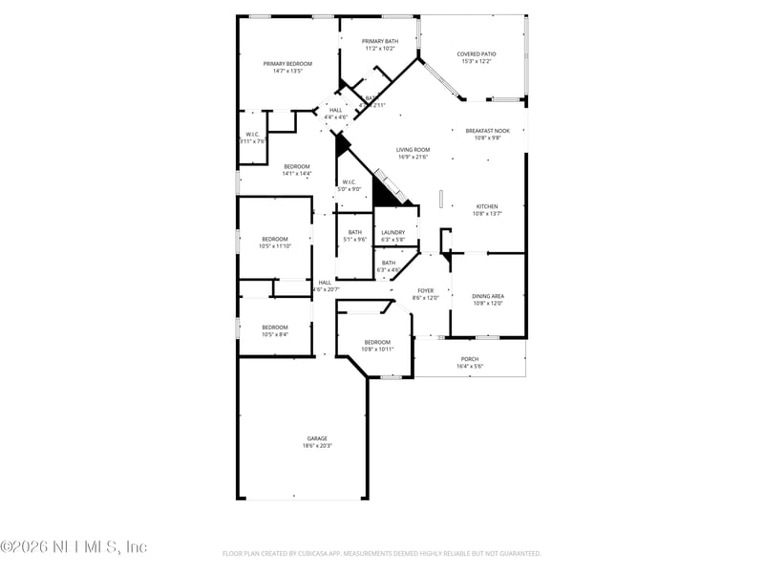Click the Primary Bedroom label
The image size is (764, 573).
click(287, 63)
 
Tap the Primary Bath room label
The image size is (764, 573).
click(380, 41)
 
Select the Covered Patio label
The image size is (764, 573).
click(476, 54)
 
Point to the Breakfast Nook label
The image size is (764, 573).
click(487, 131)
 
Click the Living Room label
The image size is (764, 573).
click(413, 150)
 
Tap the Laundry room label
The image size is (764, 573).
click(393, 232)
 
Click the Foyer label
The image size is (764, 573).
click(425, 290)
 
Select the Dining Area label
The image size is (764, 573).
click(487, 296)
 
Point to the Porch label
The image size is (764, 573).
click(470, 359)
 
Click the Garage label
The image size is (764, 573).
click(317, 438)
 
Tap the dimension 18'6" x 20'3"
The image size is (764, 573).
click(317, 446)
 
